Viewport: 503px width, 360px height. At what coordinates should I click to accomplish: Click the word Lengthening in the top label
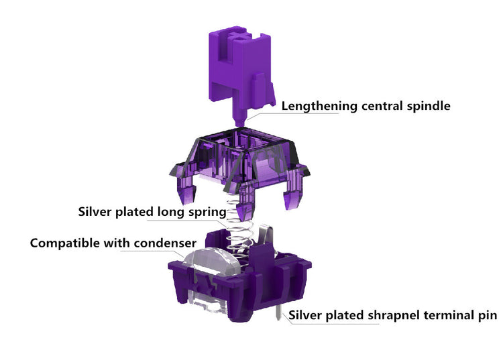coord(319,106)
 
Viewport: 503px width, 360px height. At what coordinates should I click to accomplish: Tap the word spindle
coord(429,106)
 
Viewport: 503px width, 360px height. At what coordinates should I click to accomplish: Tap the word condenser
coord(165,243)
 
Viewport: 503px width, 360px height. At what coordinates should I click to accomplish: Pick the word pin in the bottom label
coord(488,316)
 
